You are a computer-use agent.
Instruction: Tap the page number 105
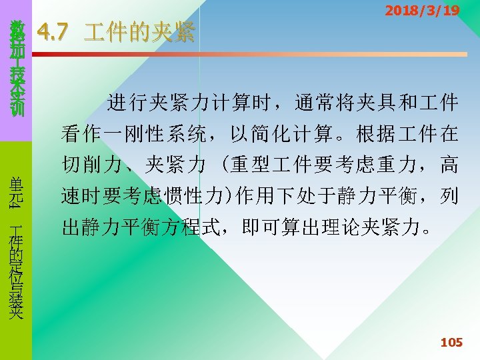[451, 342]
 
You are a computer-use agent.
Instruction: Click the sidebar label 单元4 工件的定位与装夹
[16, 247]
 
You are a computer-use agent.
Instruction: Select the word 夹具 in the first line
[393, 103]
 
